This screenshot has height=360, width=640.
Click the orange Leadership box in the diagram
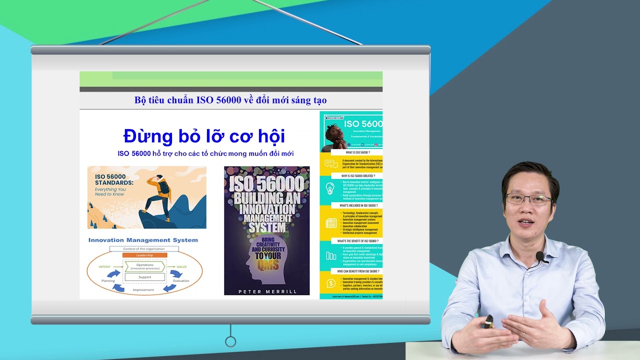pos(144,255)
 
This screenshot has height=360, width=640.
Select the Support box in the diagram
pos(144,276)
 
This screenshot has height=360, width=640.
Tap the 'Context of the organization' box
pos(144,248)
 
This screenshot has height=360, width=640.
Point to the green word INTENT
pos(104,267)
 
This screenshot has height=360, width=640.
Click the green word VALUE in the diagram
pos(182,267)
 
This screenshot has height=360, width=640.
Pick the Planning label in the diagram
pos(108,281)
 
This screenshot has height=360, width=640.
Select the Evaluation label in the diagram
pos(181,281)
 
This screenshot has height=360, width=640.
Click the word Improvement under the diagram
pos(143,290)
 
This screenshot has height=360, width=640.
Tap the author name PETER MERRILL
pos(267,291)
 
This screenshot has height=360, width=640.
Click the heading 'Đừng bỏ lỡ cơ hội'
pos(204,136)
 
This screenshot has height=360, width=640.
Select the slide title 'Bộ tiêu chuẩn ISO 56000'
pos(230,100)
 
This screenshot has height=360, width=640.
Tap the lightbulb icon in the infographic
pos(330,188)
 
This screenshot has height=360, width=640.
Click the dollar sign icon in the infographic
pos(330,283)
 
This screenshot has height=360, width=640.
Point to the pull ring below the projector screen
pos(230,341)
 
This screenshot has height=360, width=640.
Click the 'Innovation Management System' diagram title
pos(143,240)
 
